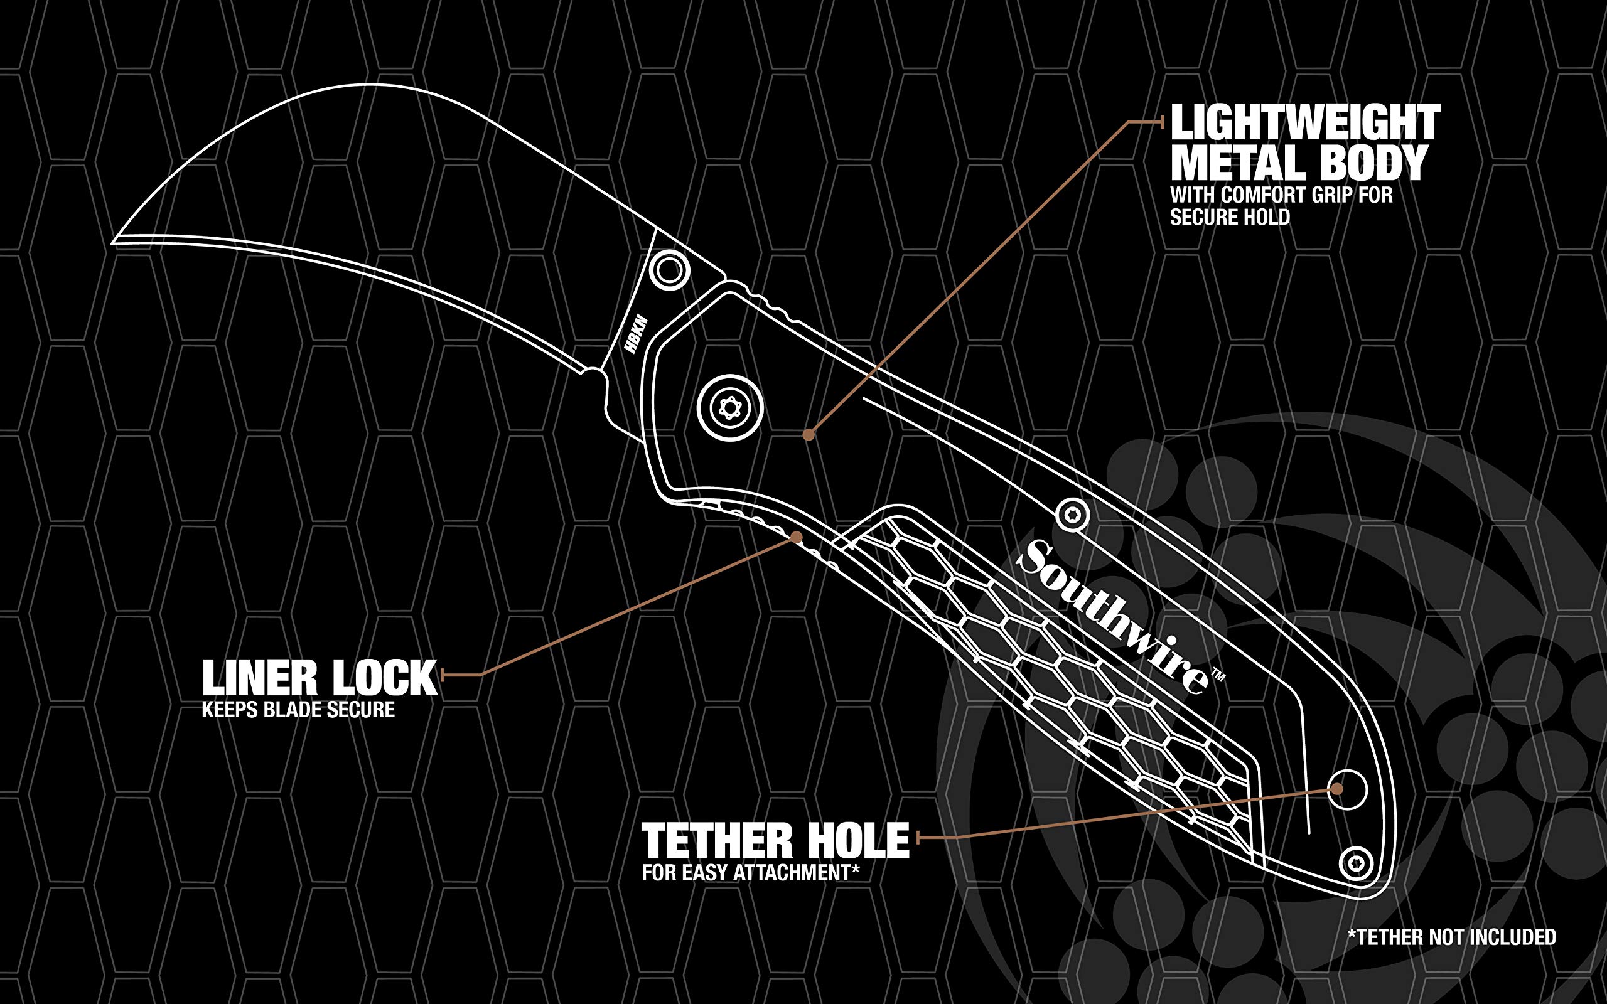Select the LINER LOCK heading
tap(320, 678)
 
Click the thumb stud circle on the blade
tap(669, 270)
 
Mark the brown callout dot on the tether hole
tap(1336, 789)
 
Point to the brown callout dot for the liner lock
tap(795, 537)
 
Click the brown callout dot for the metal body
tap(808, 435)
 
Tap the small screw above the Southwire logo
tap(1072, 514)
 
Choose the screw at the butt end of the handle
tap(1355, 864)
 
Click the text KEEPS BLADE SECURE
tap(298, 710)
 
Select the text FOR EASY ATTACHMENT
tap(746, 872)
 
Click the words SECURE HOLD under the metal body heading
tap(1230, 217)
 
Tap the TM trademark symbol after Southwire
tap(1218, 676)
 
